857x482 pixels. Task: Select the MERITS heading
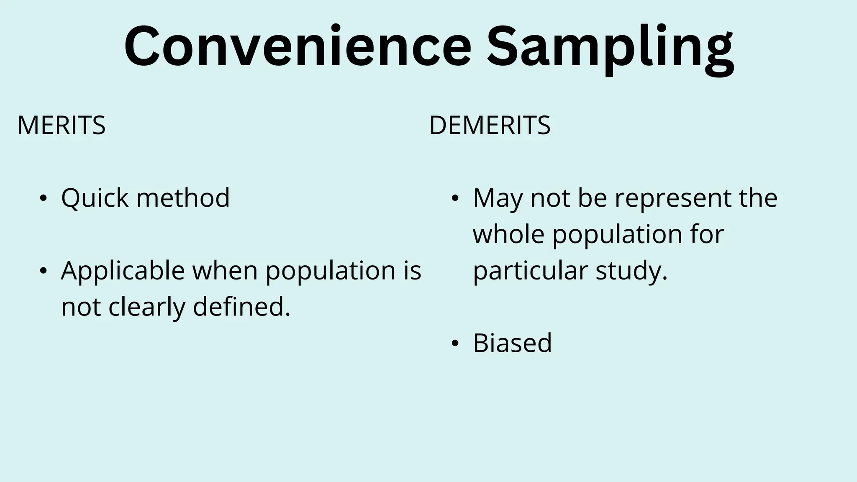62,125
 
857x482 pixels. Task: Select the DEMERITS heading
490,125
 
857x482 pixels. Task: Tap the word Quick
95,198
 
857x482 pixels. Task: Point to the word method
183,197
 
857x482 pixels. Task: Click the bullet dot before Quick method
43,198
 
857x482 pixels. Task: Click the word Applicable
123,271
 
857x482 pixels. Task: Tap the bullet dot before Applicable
43,271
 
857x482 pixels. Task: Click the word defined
241,307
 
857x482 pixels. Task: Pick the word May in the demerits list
498,198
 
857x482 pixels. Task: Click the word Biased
512,343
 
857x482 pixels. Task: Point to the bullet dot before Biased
455,344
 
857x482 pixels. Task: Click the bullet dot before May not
455,198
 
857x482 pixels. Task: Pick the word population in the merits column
330,271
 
